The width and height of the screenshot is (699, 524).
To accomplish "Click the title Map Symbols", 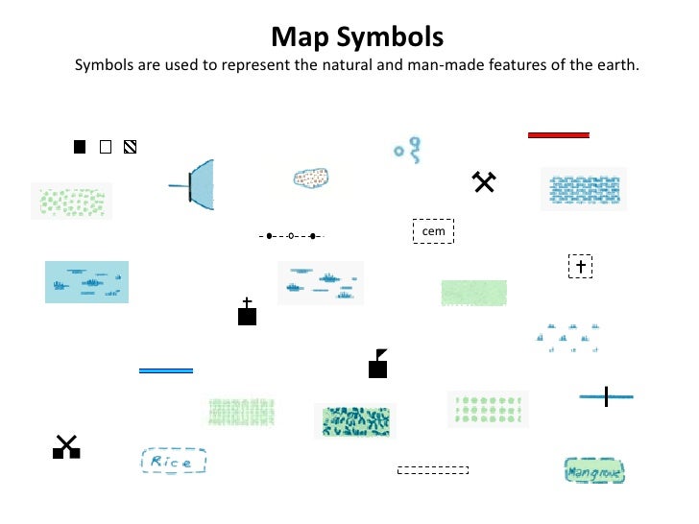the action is (357, 37).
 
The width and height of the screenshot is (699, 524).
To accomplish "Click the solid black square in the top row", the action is (81, 147).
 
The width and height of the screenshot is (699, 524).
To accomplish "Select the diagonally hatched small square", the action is (131, 147).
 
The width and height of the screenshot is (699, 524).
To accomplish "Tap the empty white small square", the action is (106, 147).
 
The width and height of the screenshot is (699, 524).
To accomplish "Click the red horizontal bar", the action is (558, 135).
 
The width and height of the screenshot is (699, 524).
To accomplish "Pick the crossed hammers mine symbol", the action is (483, 181).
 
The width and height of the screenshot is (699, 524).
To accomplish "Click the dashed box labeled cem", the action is (432, 231).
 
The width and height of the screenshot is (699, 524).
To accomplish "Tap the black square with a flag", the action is (378, 365).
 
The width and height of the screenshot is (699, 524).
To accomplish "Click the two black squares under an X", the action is (65, 448).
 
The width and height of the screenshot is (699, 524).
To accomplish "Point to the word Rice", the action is (173, 462).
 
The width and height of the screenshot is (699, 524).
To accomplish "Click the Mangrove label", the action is (594, 471).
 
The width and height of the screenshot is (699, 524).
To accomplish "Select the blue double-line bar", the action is (166, 370).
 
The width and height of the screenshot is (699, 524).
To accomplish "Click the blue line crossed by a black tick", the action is (606, 395).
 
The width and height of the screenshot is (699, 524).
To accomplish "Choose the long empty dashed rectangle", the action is (432, 470).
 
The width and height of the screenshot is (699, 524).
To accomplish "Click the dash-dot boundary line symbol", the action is (291, 235).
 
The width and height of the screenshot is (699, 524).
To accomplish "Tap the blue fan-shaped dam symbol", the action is (197, 184).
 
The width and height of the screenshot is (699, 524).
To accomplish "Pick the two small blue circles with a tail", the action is (408, 147).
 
